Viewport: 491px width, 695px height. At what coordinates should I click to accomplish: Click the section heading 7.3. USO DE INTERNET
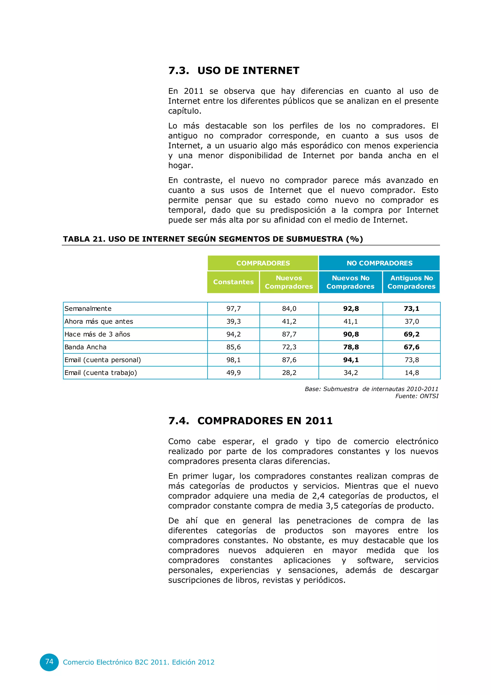click(234, 71)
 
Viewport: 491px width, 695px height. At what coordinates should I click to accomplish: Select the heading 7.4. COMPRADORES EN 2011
click(250, 420)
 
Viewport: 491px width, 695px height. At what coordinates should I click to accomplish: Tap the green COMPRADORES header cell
click(263, 263)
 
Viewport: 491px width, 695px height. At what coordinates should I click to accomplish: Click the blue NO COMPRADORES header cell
click(379, 263)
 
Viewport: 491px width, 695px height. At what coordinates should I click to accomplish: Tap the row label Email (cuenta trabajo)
click(101, 373)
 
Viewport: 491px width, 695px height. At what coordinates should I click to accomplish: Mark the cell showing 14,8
click(411, 373)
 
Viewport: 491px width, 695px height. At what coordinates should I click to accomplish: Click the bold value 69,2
click(411, 334)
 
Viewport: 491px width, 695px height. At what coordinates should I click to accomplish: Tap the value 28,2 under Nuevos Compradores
click(289, 373)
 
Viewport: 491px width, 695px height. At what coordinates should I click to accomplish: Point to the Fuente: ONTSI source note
click(417, 396)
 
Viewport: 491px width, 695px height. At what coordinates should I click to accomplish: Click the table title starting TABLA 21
click(213, 239)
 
